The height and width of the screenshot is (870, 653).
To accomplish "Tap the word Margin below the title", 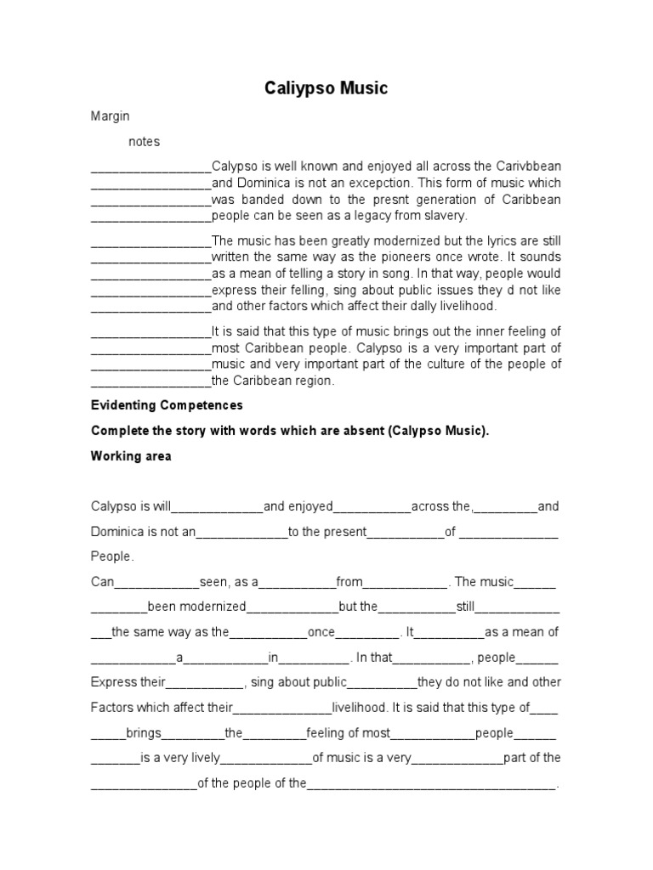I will pyautogui.click(x=110, y=116).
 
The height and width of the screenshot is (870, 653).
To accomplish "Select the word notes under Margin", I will pyautogui.click(x=144, y=141).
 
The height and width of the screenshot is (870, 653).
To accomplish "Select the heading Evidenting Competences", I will pyautogui.click(x=167, y=405).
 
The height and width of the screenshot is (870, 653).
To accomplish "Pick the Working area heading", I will pyautogui.click(x=131, y=456).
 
